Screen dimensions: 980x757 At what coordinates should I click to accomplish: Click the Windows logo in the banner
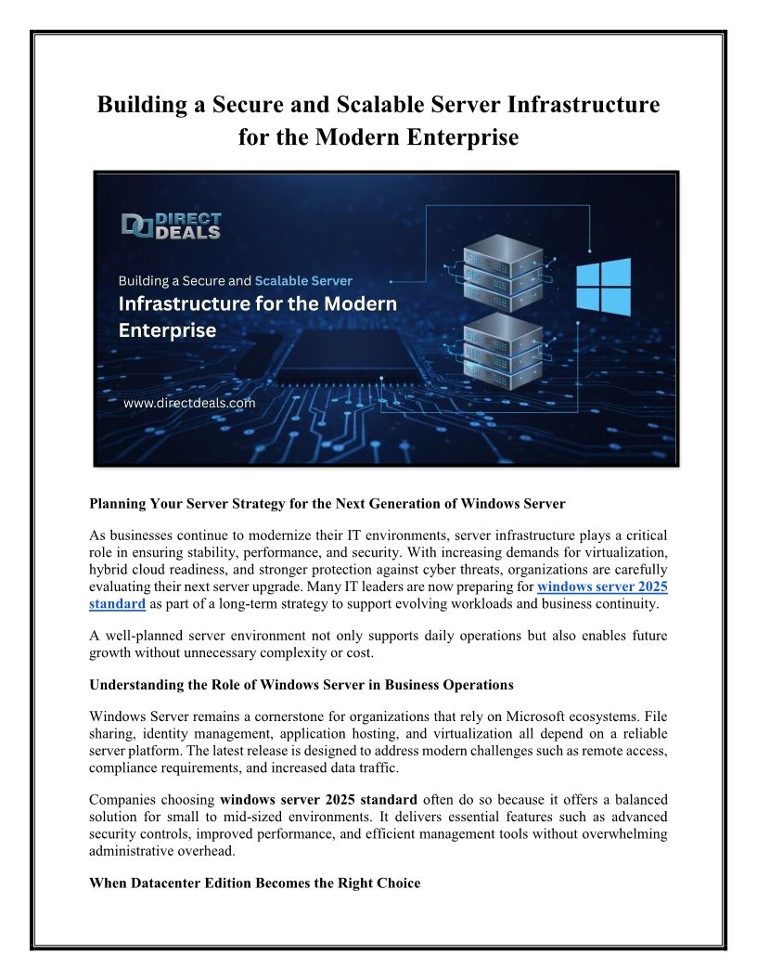point(603,287)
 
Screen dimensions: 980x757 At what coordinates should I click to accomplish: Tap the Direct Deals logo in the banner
point(172,226)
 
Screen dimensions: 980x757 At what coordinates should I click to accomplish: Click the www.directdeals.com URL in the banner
point(188,404)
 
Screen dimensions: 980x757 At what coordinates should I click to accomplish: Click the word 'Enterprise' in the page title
point(452,137)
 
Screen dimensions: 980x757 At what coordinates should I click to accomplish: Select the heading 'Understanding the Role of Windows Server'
point(301,685)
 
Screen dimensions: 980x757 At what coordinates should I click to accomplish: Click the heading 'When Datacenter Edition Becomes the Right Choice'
point(254,883)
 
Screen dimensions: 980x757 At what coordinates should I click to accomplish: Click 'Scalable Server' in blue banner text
point(303,279)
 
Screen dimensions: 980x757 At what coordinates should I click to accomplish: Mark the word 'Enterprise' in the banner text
point(167,329)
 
